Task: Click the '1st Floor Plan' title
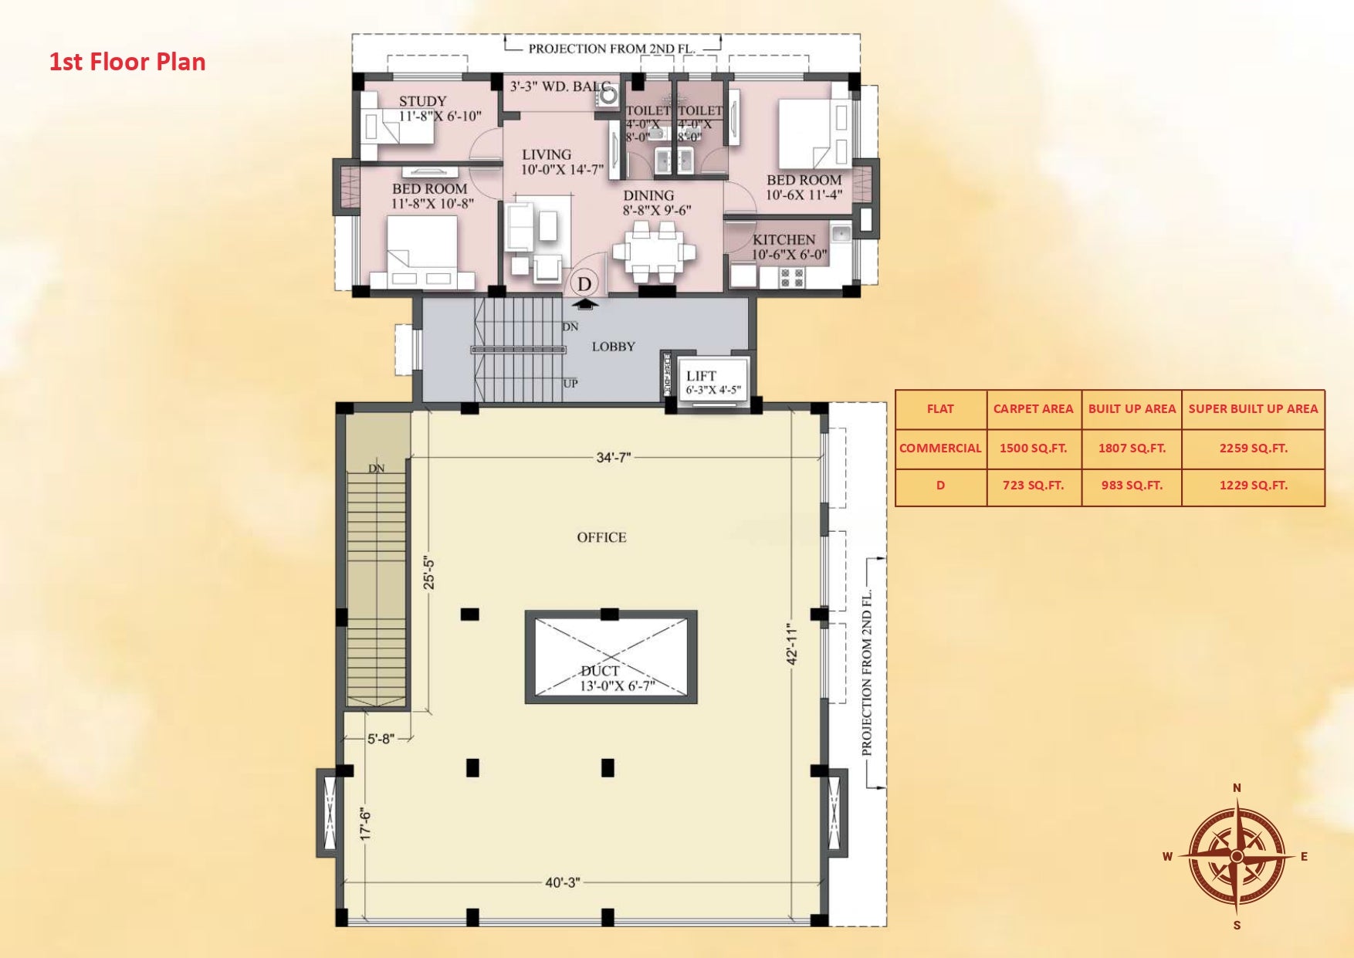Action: [x=127, y=62]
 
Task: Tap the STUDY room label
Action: [x=422, y=101]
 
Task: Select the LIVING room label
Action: [x=547, y=154]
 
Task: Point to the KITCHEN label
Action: [x=784, y=239]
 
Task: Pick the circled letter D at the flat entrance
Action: [x=584, y=283]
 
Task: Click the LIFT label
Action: [x=701, y=376]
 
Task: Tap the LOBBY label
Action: [x=614, y=347]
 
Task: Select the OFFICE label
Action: [x=601, y=537]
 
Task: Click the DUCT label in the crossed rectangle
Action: [x=600, y=671]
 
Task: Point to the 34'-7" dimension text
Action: [x=613, y=458]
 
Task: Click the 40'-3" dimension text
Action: [x=562, y=882]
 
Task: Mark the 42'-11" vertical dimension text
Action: [x=792, y=644]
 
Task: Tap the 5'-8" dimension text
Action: [x=381, y=739]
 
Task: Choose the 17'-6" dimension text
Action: [x=366, y=823]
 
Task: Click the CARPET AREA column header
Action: [x=1033, y=409]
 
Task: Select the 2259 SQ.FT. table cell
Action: [x=1253, y=448]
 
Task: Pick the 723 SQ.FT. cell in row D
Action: [x=1033, y=486]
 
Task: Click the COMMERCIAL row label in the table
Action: [x=940, y=448]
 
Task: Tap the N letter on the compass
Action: [x=1237, y=787]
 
